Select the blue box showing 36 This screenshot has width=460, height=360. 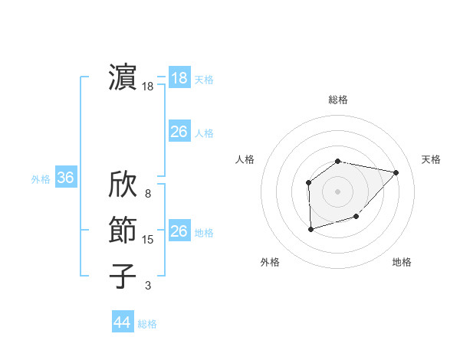(x=65, y=178)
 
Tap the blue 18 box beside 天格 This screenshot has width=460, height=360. (x=179, y=78)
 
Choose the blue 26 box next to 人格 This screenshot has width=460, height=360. (x=179, y=132)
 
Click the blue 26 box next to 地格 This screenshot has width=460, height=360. (x=179, y=231)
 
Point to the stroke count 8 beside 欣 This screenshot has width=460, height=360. (x=147, y=194)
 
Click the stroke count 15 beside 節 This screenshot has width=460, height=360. (x=147, y=240)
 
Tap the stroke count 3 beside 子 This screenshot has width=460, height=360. (x=147, y=286)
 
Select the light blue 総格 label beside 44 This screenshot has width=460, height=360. (x=147, y=324)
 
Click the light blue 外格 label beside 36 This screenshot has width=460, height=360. (x=41, y=179)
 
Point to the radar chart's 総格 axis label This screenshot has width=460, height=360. (x=338, y=100)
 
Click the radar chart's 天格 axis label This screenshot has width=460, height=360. (x=432, y=159)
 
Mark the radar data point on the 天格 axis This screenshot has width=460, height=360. (x=396, y=172)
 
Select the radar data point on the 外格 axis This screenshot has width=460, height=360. (x=310, y=229)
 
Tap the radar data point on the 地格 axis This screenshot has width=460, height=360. (x=356, y=217)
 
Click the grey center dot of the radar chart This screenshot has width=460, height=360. (x=338, y=191)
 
